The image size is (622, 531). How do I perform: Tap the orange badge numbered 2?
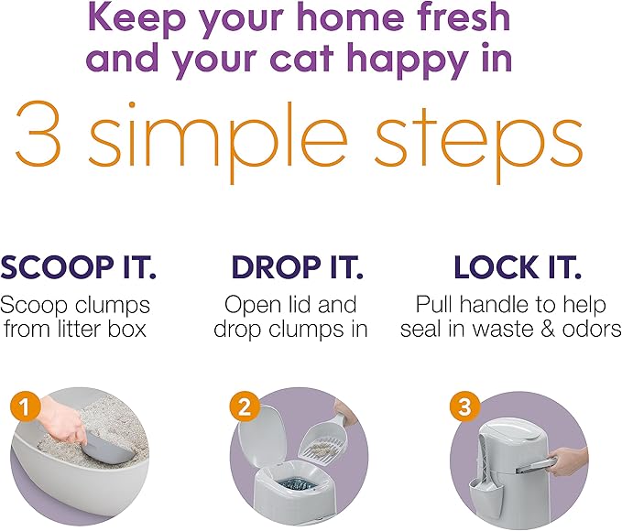(x=243, y=406)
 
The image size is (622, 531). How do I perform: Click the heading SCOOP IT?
(x=79, y=268)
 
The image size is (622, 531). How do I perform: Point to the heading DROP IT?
(x=298, y=268)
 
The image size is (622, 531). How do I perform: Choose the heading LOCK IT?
(x=518, y=268)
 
